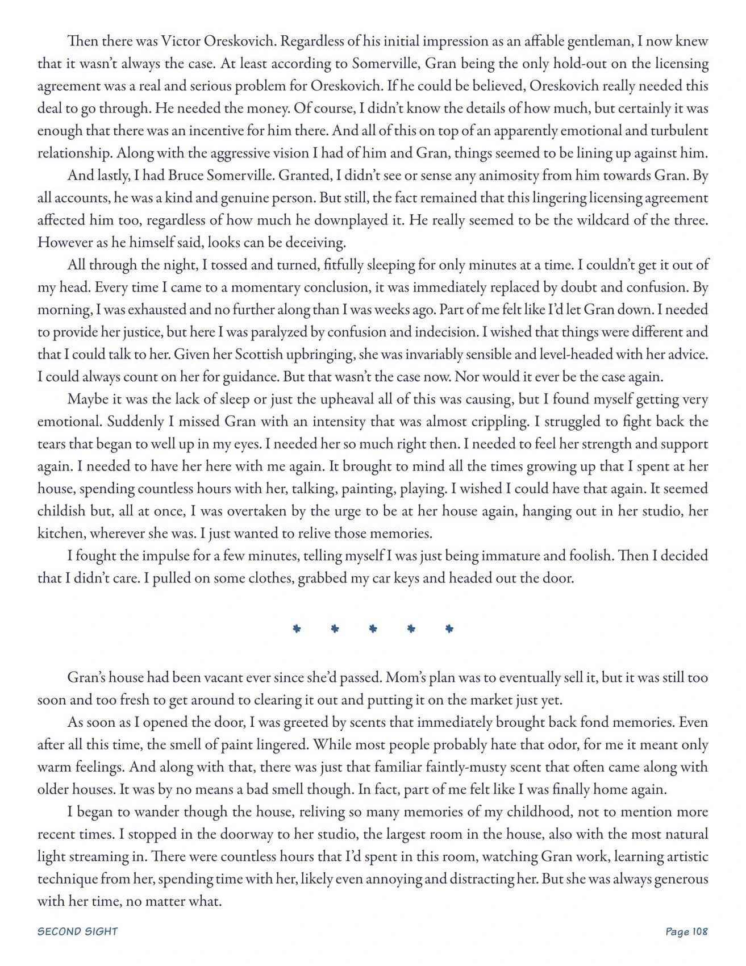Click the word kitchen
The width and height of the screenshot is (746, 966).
click(60, 534)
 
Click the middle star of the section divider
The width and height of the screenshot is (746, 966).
click(373, 628)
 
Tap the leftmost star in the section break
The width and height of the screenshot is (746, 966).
click(296, 628)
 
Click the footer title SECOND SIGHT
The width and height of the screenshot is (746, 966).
click(77, 931)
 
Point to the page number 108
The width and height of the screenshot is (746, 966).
click(699, 931)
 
